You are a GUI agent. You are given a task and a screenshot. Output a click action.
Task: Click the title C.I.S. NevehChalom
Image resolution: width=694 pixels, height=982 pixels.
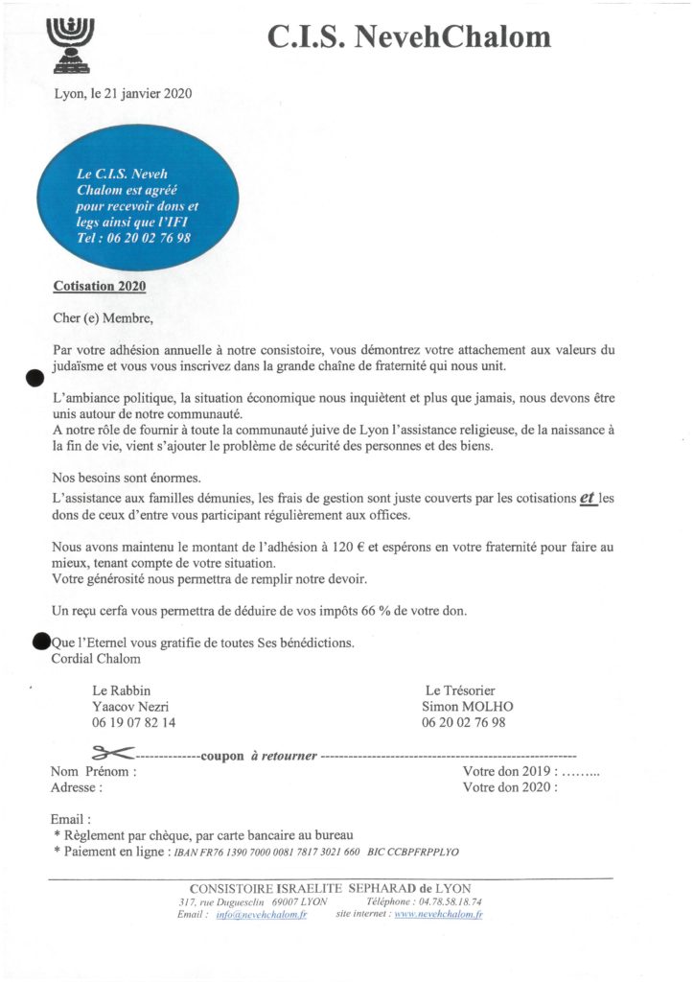[x=409, y=37]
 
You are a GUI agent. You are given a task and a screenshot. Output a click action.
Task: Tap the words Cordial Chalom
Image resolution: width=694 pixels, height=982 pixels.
[x=95, y=658]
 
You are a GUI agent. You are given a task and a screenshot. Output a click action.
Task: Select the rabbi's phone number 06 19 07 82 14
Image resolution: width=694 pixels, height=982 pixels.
[x=134, y=723]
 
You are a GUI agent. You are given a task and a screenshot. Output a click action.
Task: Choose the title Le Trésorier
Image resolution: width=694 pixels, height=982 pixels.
[x=461, y=690]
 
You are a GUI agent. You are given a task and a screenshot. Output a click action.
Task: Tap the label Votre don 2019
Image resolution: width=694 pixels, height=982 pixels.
[x=508, y=771]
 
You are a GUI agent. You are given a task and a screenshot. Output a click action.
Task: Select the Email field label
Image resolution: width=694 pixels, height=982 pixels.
[x=70, y=820]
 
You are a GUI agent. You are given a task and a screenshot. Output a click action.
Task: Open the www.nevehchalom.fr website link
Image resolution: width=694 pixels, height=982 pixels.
[x=438, y=915]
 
